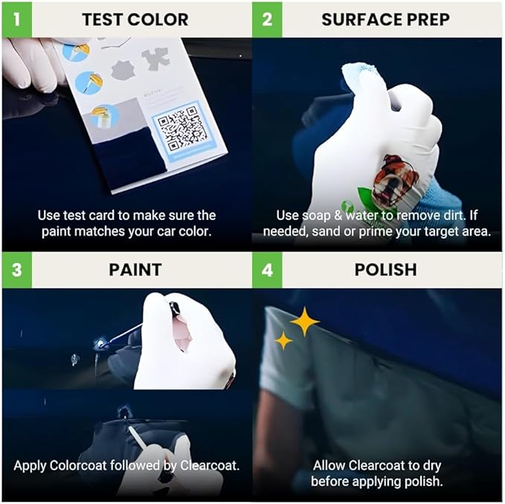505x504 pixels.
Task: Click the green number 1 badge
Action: [16, 19]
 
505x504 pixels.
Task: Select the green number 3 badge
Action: [16, 269]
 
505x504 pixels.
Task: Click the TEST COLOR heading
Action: [135, 19]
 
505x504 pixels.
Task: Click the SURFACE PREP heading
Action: [385, 19]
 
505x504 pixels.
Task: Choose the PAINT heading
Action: [135, 269]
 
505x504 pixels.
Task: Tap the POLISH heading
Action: [385, 269]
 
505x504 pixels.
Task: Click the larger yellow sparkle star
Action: [304, 321]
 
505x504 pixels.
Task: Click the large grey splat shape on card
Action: [123, 71]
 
